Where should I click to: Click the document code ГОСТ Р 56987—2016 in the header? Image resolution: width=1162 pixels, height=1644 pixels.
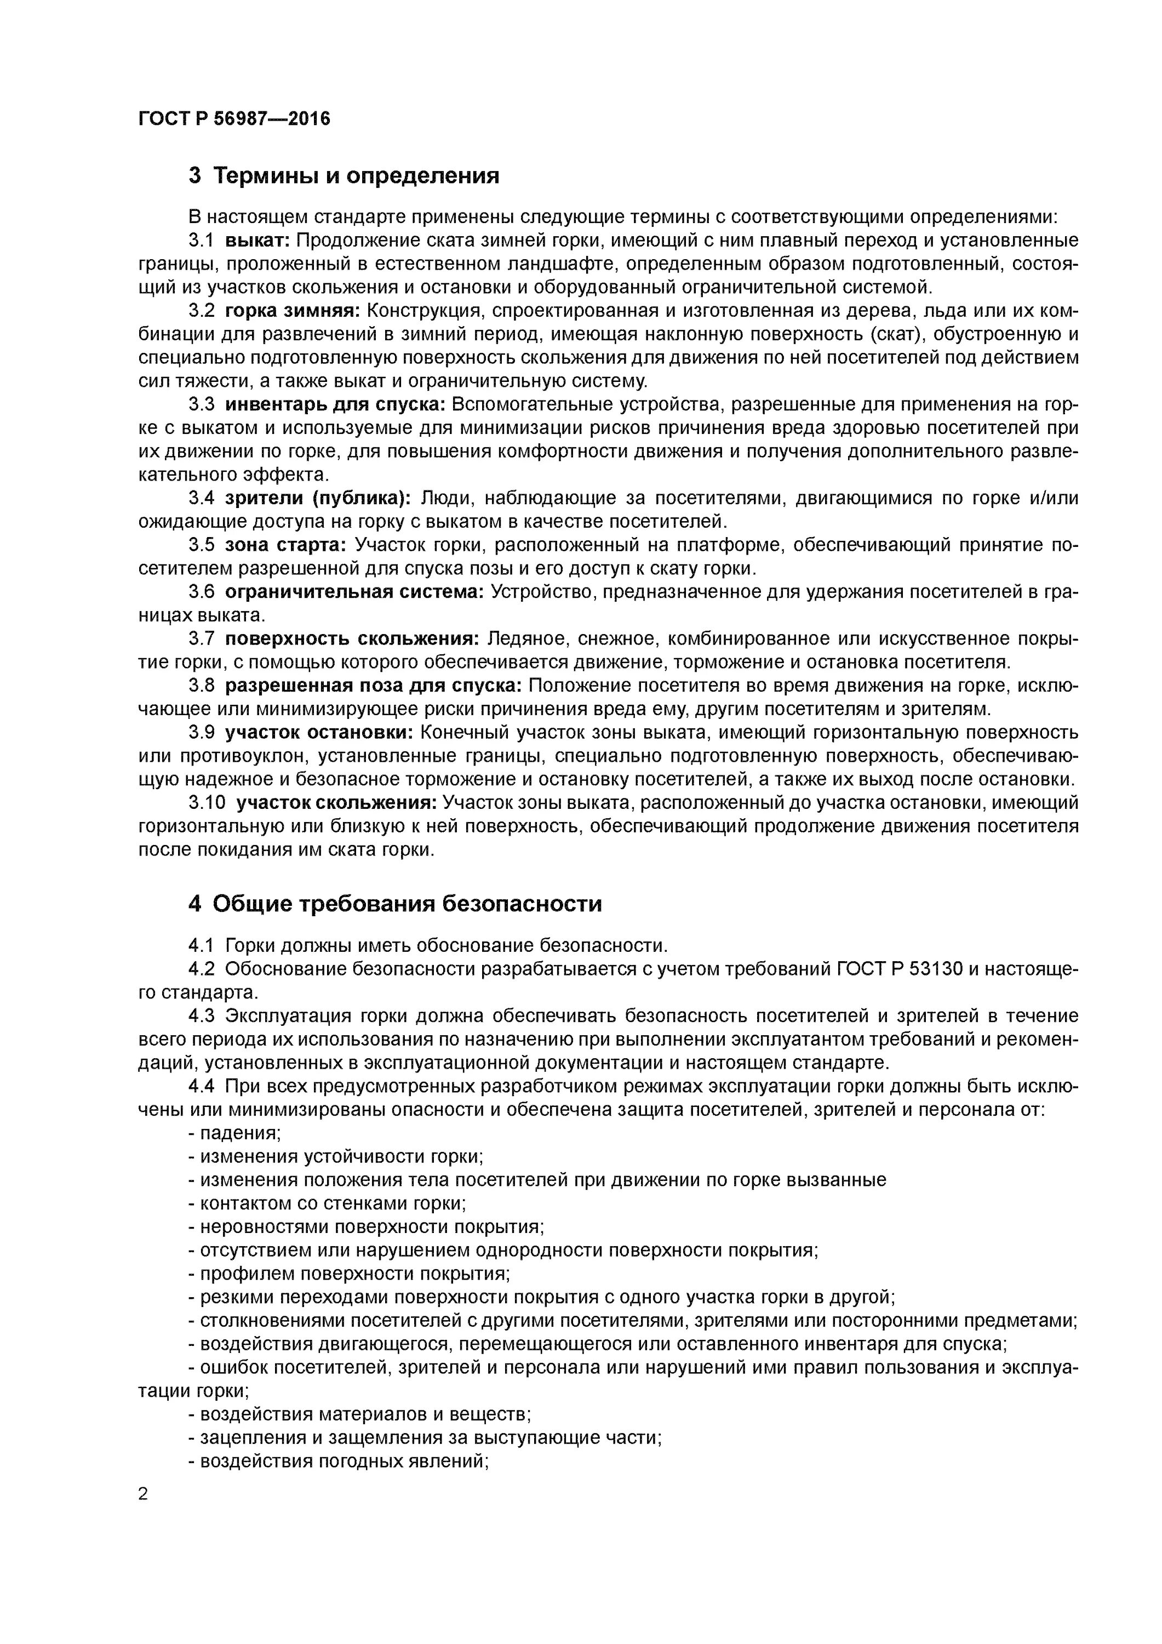[234, 119]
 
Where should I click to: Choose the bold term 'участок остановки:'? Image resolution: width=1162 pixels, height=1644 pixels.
[319, 733]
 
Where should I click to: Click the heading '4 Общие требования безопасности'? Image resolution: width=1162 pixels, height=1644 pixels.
[394, 904]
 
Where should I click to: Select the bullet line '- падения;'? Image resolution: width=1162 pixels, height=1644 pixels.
[234, 1133]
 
